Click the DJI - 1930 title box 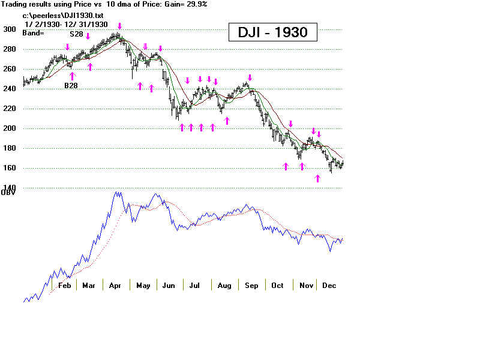click(272, 32)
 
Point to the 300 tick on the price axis click(10, 29)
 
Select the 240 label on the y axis click(10, 89)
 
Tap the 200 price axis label click(10, 128)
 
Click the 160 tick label click(10, 168)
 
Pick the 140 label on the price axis click(10, 188)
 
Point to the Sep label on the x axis click(251, 286)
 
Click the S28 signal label click(76, 34)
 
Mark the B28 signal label click(72, 86)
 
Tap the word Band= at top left click(34, 32)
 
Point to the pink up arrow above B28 click(73, 76)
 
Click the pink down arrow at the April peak click(120, 26)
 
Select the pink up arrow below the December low click(318, 178)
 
